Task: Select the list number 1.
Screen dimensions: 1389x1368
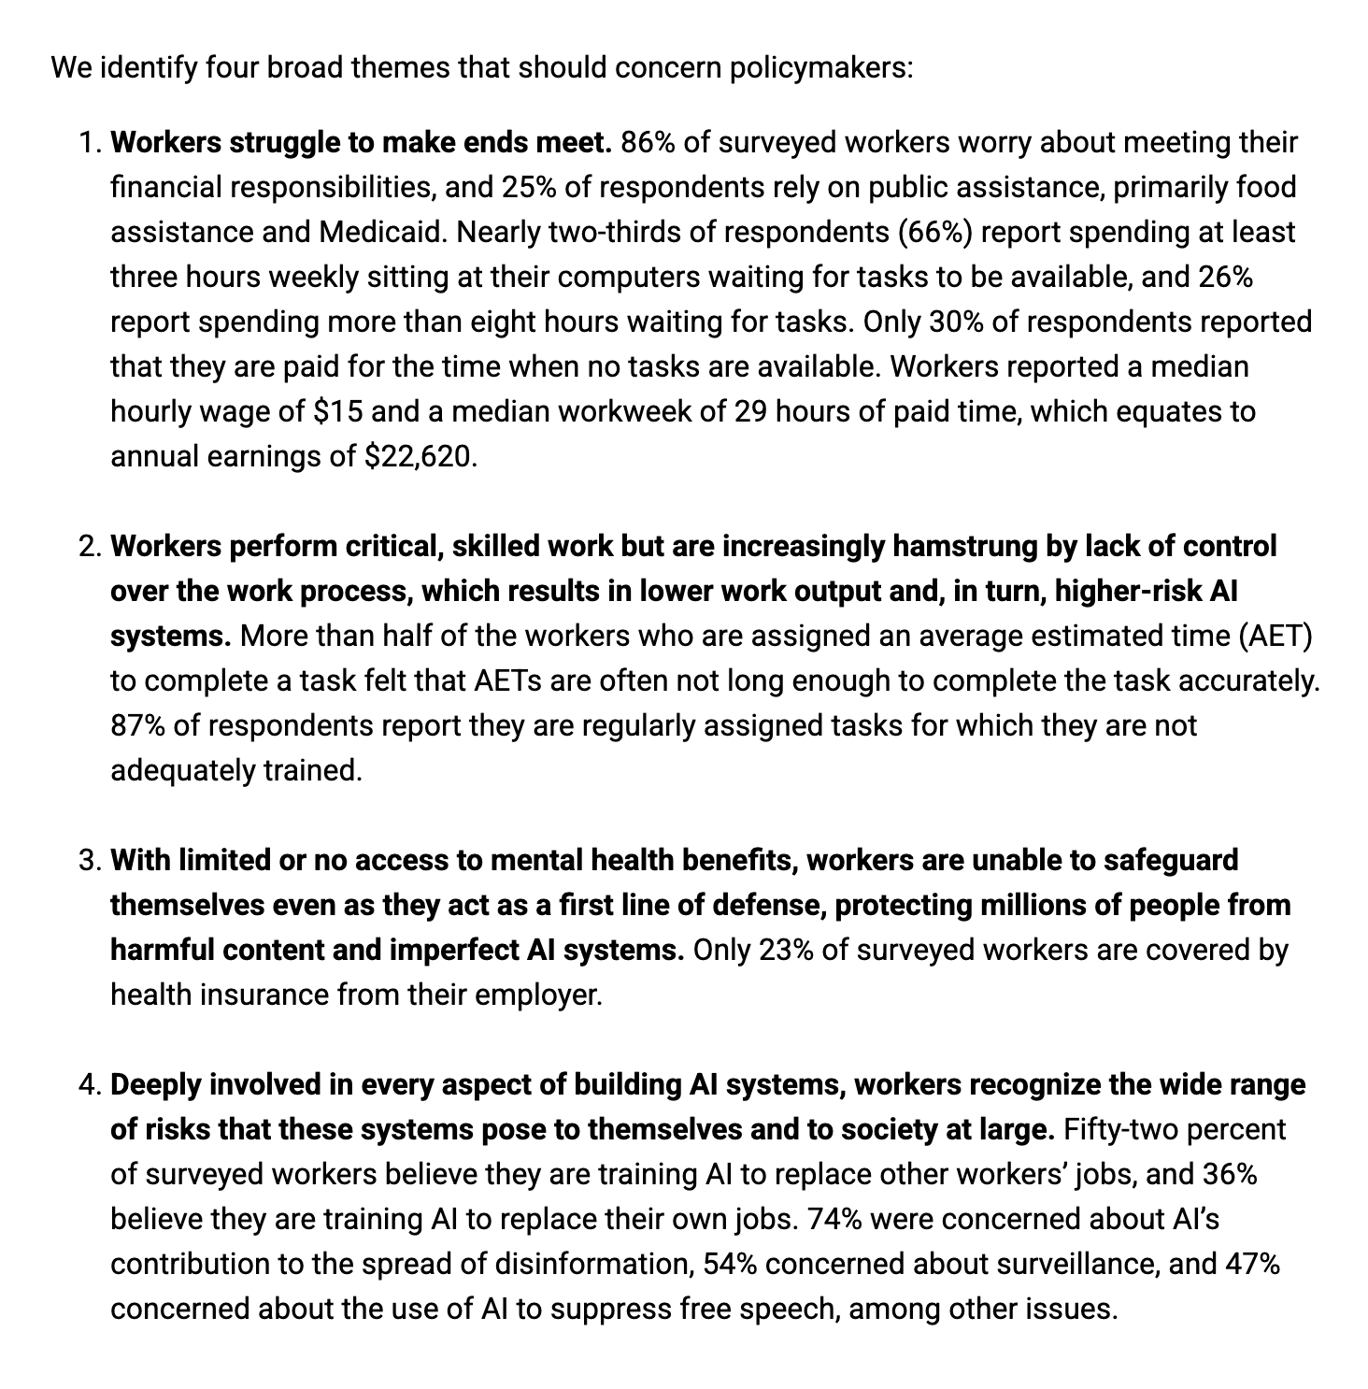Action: [x=89, y=143]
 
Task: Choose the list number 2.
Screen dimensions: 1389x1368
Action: [x=89, y=547]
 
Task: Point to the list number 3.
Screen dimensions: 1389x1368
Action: [x=89, y=861]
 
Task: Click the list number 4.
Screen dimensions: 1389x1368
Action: [x=89, y=1085]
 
